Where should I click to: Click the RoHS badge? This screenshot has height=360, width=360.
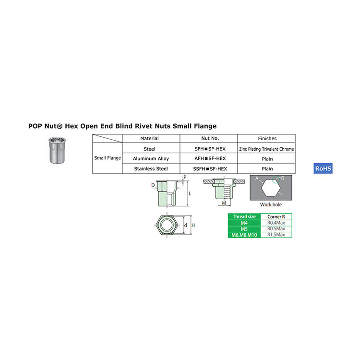coord(323,168)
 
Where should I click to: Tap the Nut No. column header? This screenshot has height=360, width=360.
coord(209,138)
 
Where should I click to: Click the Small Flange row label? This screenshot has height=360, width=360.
coord(108,158)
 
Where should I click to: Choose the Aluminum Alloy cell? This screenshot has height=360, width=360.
coord(151,158)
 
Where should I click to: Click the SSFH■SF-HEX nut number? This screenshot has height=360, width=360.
coord(209,168)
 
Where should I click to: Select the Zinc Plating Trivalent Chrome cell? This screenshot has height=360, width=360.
coord(266,149)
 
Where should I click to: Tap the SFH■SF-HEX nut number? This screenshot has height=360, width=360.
coord(209,149)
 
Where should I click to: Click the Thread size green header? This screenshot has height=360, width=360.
coord(244,216)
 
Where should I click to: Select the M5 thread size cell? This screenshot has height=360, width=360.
coord(244,228)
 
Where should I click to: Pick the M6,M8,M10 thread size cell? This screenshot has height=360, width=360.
coord(244,234)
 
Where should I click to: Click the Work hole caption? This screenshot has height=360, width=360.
coord(271,205)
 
